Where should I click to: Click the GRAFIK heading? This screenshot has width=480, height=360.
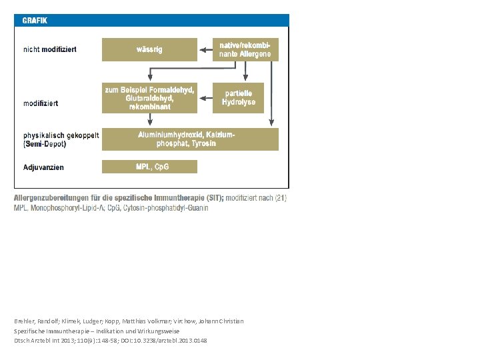tap(35, 20)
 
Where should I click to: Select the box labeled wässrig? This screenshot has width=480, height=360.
tap(149, 49)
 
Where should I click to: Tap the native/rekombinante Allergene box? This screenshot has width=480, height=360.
tap(245, 49)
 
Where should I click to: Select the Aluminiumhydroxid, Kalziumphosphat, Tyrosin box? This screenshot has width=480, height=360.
tap(190, 139)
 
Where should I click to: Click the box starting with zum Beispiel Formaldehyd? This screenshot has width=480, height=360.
tap(149, 98)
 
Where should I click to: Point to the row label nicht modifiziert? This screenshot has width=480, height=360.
tap(50, 49)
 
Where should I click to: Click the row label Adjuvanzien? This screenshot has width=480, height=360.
tap(43, 167)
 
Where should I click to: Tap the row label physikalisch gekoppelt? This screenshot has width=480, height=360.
tap(61, 135)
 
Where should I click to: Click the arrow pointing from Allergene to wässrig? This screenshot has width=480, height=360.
tap(205, 49)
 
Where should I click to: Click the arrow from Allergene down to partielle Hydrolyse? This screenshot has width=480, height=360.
tap(245, 71)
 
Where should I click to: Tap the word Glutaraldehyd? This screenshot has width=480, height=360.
tap(149, 98)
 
